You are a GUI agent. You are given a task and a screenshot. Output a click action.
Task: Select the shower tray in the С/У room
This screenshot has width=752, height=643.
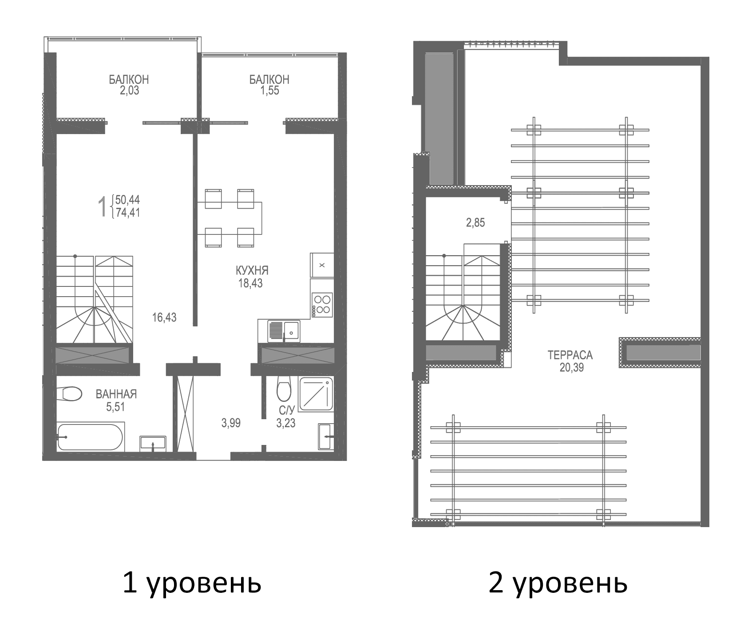316,394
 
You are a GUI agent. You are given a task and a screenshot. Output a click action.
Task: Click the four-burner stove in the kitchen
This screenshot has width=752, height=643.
322,304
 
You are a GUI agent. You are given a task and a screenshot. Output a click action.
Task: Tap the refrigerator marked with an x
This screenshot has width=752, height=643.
322,265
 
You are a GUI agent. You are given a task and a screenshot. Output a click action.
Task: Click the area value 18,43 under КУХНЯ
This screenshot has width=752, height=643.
250,283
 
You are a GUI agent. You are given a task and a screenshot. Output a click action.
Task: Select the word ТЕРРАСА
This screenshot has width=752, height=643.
570,355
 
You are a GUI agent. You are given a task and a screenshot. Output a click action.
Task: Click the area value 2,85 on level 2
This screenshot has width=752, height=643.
475,223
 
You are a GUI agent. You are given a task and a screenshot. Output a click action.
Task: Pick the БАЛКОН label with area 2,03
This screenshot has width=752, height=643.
129,79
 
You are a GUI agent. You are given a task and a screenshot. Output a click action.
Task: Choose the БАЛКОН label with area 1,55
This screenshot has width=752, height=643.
269,79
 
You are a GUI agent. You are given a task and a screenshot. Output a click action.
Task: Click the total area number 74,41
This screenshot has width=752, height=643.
128,213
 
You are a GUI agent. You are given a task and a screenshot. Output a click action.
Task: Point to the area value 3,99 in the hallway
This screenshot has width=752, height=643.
231,423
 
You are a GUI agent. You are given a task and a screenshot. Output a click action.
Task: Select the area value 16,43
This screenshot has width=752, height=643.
164,318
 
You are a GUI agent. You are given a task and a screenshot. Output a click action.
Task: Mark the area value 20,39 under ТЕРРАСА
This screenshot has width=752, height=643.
571,368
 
